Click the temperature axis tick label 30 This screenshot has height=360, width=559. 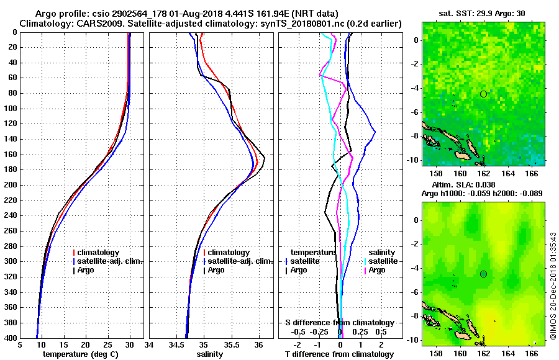coord(130,344)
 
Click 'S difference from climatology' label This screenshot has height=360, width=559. coord(340,323)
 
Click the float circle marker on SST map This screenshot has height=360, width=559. coord(483,94)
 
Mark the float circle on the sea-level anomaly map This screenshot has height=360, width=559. coord(483,274)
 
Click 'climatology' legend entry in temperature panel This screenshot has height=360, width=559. coord(102,253)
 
